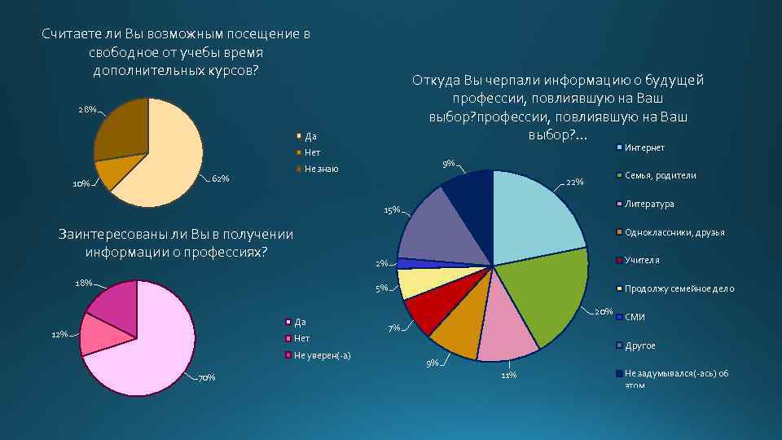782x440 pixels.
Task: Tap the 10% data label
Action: coord(81,183)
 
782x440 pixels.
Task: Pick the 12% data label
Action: coord(59,335)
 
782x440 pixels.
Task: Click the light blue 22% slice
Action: coord(534,216)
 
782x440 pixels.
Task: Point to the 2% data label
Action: coord(381,263)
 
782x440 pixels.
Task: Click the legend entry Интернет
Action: coord(644,147)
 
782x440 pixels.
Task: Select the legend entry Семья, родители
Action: coord(660,175)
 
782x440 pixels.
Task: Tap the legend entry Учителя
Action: coord(642,260)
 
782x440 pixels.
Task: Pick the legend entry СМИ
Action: coord(635,317)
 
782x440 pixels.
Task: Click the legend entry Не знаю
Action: coord(321,169)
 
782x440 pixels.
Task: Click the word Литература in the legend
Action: coord(649,204)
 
